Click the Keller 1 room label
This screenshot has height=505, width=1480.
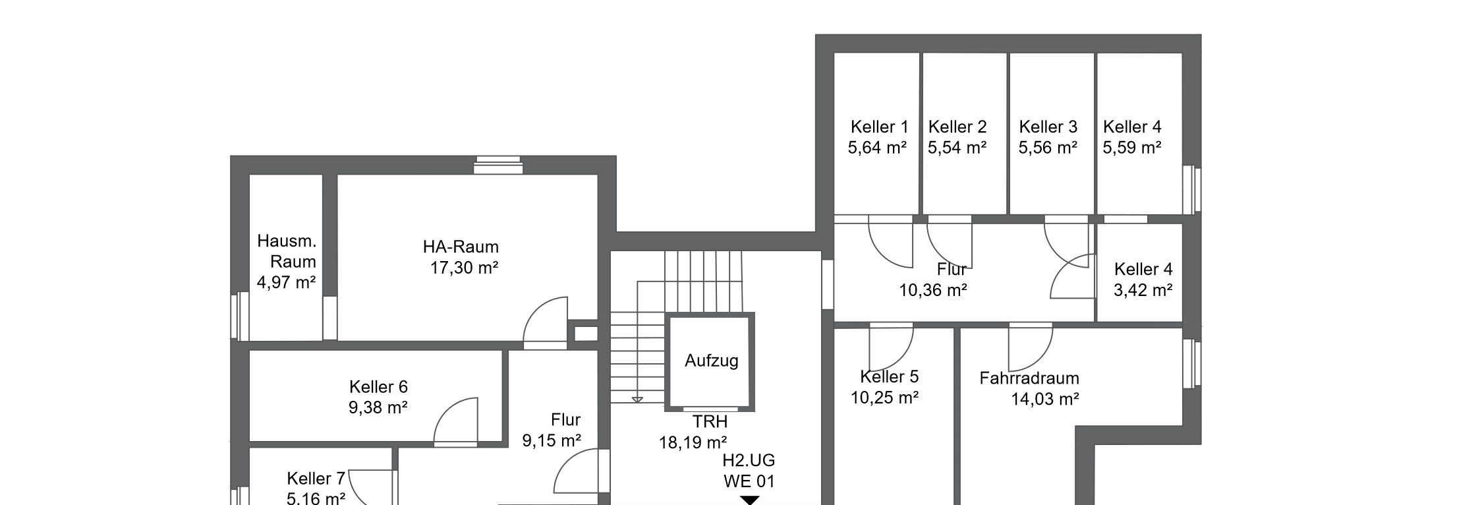tap(879, 127)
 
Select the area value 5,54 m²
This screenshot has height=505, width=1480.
tap(957, 148)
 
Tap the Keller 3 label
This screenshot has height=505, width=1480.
tap(1048, 127)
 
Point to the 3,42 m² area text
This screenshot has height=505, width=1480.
tap(1143, 290)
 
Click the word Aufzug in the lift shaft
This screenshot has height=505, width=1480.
tap(711, 361)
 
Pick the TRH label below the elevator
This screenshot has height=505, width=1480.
tap(710, 421)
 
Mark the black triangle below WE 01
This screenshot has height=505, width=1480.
tap(749, 500)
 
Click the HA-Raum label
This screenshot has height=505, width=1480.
tap(461, 247)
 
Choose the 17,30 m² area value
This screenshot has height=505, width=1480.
tap(464, 268)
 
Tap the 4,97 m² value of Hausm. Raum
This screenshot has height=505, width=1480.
tap(286, 283)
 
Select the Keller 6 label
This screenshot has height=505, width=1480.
tap(378, 387)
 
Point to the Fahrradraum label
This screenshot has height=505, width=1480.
tap(1029, 378)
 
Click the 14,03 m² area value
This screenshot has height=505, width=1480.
tap(1045, 399)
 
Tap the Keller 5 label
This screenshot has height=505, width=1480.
tap(889, 376)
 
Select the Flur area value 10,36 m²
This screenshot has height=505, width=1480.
tap(933, 290)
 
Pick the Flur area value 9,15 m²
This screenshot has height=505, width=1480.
tap(552, 440)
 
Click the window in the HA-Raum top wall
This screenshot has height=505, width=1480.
tap(498, 165)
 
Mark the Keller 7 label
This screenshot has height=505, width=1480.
tap(316, 478)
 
